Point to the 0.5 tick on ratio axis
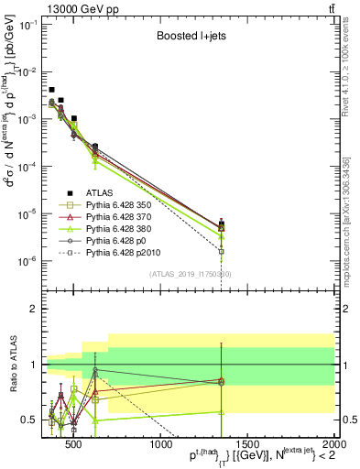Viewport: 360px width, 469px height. tap(28, 420)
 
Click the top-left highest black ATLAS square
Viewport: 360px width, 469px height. tap(52, 90)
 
